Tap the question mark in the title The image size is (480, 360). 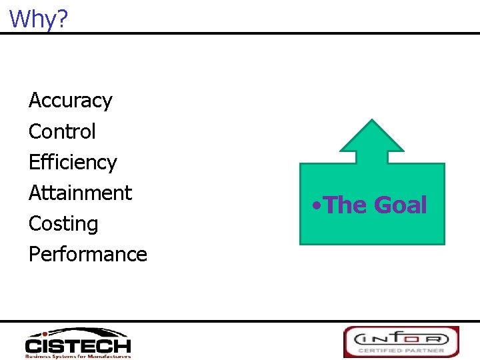click(x=62, y=19)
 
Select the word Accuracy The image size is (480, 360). click(x=70, y=101)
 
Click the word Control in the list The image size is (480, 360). click(x=62, y=131)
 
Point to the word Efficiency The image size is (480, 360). click(x=73, y=162)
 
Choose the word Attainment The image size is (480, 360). click(x=80, y=193)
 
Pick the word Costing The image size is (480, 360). click(x=63, y=223)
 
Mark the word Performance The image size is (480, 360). click(x=87, y=254)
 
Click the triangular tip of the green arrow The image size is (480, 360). click(x=372, y=124)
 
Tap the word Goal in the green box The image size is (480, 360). click(x=400, y=205)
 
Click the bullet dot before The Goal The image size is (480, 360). click(x=316, y=205)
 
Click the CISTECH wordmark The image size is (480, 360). click(x=77, y=345)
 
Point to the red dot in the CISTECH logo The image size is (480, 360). click(x=44, y=333)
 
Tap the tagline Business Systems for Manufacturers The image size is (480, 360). click(x=77, y=356)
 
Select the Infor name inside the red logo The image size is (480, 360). click(x=401, y=337)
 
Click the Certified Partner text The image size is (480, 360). click(x=401, y=350)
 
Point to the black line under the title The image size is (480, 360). click(x=240, y=33)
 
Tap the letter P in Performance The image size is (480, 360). click(x=35, y=254)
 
